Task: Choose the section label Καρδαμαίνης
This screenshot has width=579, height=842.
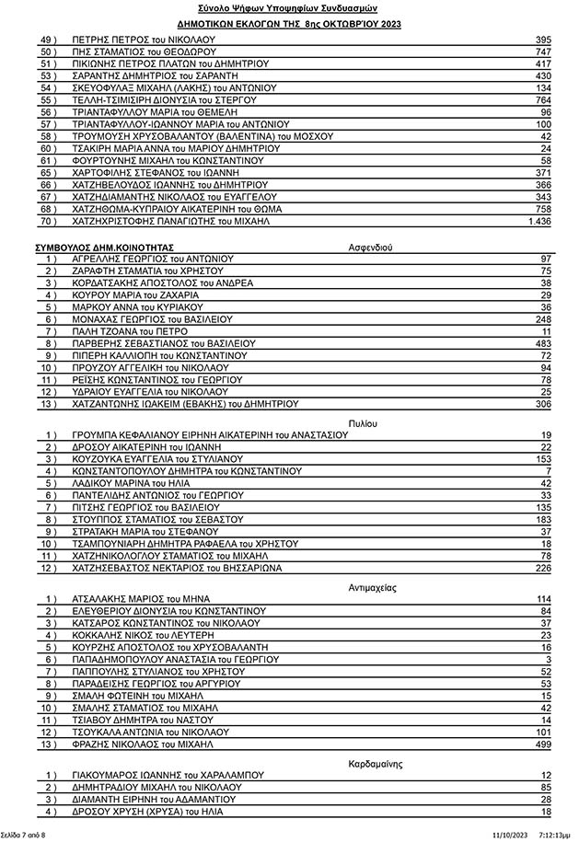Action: [x=376, y=764]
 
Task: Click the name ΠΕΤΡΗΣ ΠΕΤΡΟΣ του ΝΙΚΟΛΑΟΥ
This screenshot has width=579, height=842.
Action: [x=142, y=40]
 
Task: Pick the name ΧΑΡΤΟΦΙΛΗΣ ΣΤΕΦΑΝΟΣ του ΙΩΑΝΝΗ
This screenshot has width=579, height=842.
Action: [x=155, y=173]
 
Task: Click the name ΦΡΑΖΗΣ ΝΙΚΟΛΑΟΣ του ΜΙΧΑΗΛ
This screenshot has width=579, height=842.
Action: [x=142, y=743]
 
